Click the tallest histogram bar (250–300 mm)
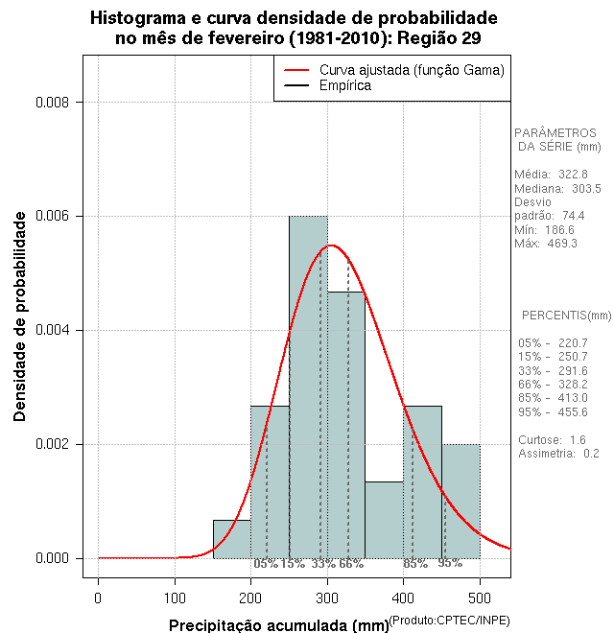coord(308,384)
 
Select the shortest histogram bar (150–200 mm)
coord(231,539)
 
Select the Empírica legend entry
coord(344,86)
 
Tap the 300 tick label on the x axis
coord(327,598)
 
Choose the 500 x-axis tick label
coord(480,598)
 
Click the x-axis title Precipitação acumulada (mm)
coord(279,625)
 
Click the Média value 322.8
coord(573,175)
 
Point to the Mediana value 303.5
coord(583,189)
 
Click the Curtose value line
coord(552,440)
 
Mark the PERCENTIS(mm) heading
coord(566,316)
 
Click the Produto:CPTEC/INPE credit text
coord(448,621)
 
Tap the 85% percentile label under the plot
coord(414,564)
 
